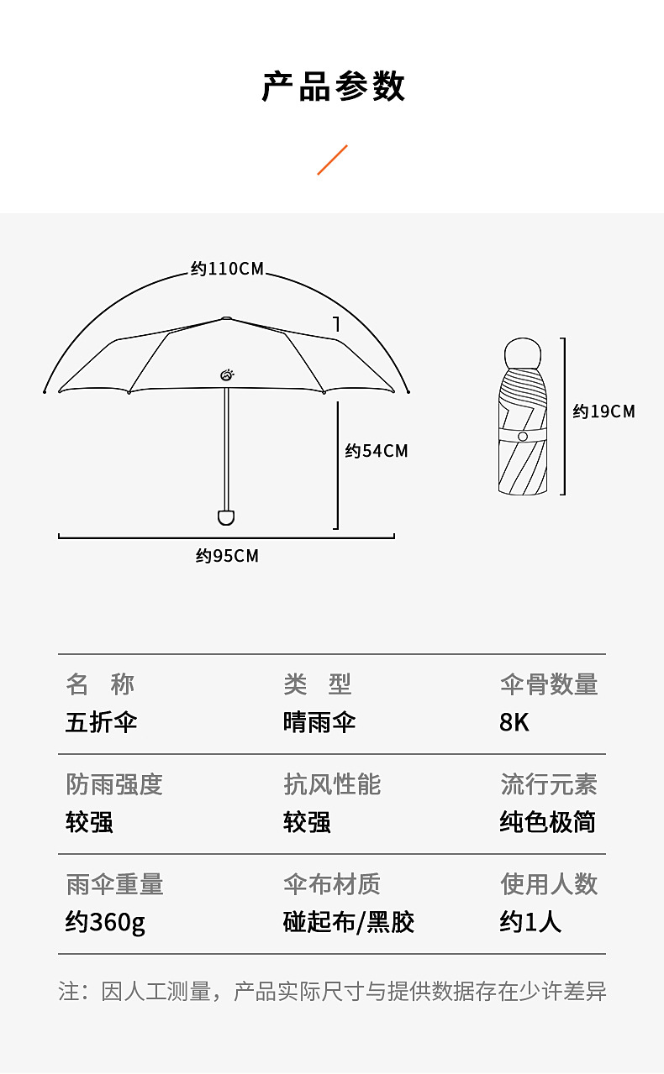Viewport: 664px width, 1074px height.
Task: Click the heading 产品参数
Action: (333, 87)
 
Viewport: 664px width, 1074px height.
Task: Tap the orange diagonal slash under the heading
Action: (332, 160)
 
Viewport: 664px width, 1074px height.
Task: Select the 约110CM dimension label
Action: (227, 269)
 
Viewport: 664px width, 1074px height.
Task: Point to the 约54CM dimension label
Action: (377, 451)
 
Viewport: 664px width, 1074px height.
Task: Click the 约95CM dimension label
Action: (227, 556)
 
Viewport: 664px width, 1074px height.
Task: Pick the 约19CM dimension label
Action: (603, 411)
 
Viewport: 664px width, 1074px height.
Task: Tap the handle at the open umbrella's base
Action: (225, 516)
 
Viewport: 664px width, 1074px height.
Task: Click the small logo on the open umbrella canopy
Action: (227, 375)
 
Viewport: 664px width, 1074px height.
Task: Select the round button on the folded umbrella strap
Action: (523, 437)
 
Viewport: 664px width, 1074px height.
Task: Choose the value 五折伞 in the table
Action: (101, 722)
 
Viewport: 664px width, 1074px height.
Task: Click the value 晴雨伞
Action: (319, 722)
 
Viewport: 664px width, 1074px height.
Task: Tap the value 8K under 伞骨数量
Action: (514, 722)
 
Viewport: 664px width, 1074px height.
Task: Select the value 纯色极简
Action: (548, 822)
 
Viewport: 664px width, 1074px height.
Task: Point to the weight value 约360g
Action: (105, 922)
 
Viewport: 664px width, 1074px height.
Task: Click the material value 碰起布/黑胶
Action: (349, 922)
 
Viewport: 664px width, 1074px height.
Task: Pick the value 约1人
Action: (530, 922)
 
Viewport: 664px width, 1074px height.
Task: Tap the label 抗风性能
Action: (332, 784)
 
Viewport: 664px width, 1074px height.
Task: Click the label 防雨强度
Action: (114, 784)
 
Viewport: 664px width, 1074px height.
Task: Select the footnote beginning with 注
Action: (332, 992)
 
